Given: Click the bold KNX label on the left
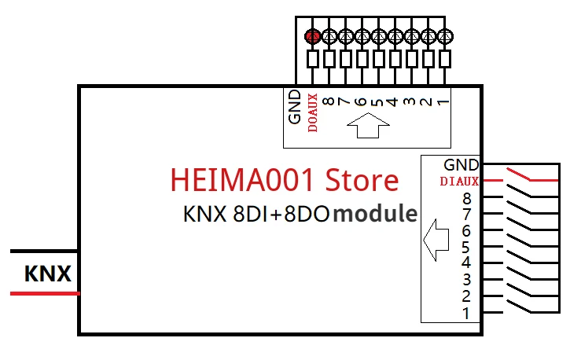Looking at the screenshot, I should (x=48, y=274).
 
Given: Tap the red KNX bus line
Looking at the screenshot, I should (x=44, y=293).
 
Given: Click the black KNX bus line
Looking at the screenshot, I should (x=44, y=252).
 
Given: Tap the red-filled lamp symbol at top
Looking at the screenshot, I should (x=312, y=35).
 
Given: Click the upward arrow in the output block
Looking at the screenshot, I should (x=368, y=125).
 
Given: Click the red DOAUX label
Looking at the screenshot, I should (x=312, y=112).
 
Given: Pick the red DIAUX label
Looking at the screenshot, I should (x=459, y=182).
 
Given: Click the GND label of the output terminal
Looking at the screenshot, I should (x=295, y=108).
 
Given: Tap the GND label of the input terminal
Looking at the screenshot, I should (x=461, y=165).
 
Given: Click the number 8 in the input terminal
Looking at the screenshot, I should (x=466, y=198).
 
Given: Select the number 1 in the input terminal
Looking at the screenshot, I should (x=466, y=313).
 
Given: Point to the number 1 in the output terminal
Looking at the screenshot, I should (x=443, y=101).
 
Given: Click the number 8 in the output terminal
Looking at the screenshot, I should (x=328, y=101).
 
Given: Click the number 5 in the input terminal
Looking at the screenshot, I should (x=466, y=247).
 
